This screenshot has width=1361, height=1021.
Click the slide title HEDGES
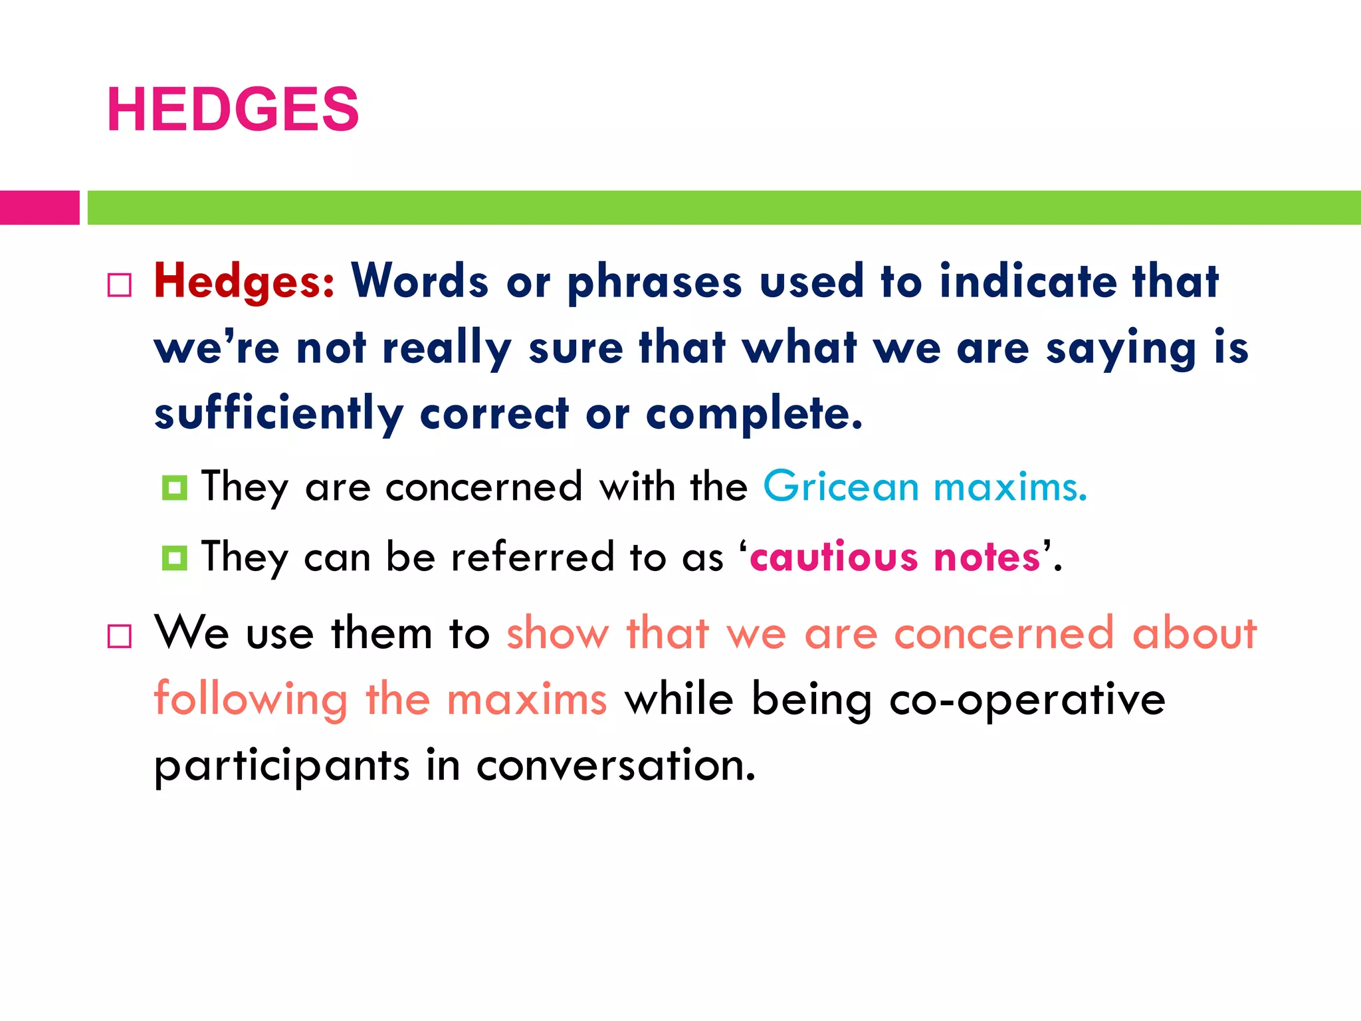233,110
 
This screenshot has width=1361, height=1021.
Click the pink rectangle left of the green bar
39,207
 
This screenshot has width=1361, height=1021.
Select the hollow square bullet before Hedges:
120,285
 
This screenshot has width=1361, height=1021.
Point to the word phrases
654,283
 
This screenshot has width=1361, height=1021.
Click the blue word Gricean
841,486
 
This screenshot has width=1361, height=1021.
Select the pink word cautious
834,557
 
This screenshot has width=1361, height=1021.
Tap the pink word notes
987,557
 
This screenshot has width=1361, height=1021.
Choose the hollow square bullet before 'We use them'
120,636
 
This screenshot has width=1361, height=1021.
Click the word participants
282,766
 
